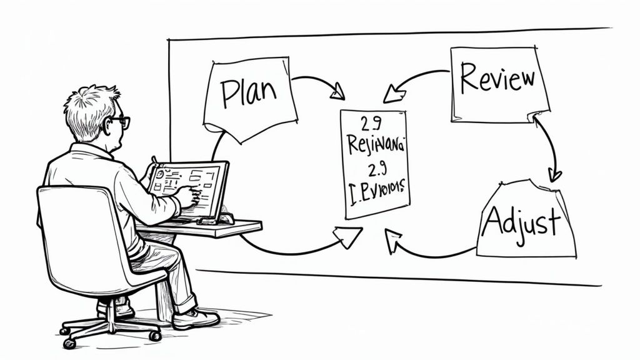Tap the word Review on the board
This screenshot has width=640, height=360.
click(x=497, y=79)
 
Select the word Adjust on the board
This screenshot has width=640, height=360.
click(x=521, y=223)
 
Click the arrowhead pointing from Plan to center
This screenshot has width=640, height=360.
click(x=337, y=94)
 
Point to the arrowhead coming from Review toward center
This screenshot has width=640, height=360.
click(x=392, y=95)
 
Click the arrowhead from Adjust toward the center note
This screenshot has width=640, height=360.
click(x=392, y=241)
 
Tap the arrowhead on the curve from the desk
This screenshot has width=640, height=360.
click(x=349, y=236)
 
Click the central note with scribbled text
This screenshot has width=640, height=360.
click(x=374, y=164)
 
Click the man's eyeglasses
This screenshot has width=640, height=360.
click(x=121, y=122)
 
